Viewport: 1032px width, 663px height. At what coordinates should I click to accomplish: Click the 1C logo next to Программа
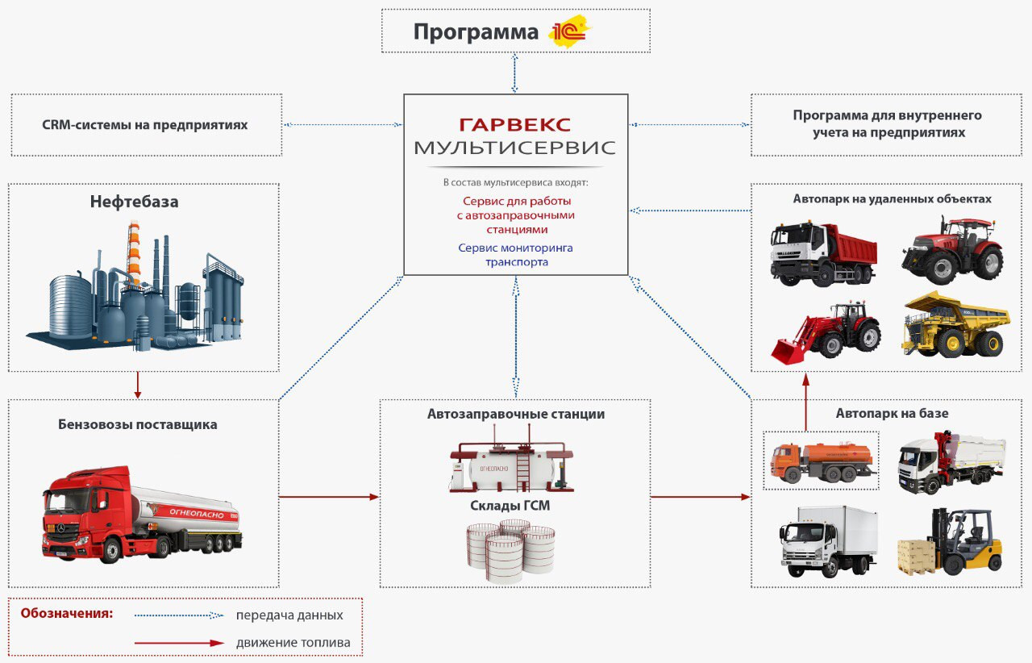pyautogui.click(x=569, y=31)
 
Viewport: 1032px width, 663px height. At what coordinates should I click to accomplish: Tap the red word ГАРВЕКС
pyautogui.click(x=514, y=124)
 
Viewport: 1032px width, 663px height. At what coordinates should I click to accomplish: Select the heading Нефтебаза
pyautogui.click(x=134, y=202)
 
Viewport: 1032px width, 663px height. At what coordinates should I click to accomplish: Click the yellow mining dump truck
pyautogui.click(x=955, y=324)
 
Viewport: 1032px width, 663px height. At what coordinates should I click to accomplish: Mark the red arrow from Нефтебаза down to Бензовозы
pyautogui.click(x=138, y=385)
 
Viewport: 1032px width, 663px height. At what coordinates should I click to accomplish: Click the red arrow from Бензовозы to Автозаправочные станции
pyautogui.click(x=329, y=497)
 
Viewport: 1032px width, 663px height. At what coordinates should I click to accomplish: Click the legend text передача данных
pyautogui.click(x=289, y=615)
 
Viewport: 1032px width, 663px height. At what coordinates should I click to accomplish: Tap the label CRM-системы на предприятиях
pyautogui.click(x=144, y=125)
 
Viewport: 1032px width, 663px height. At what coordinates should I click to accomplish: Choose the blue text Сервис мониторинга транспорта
pyautogui.click(x=515, y=255)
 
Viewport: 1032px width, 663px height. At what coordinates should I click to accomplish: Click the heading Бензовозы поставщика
pyautogui.click(x=138, y=424)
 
